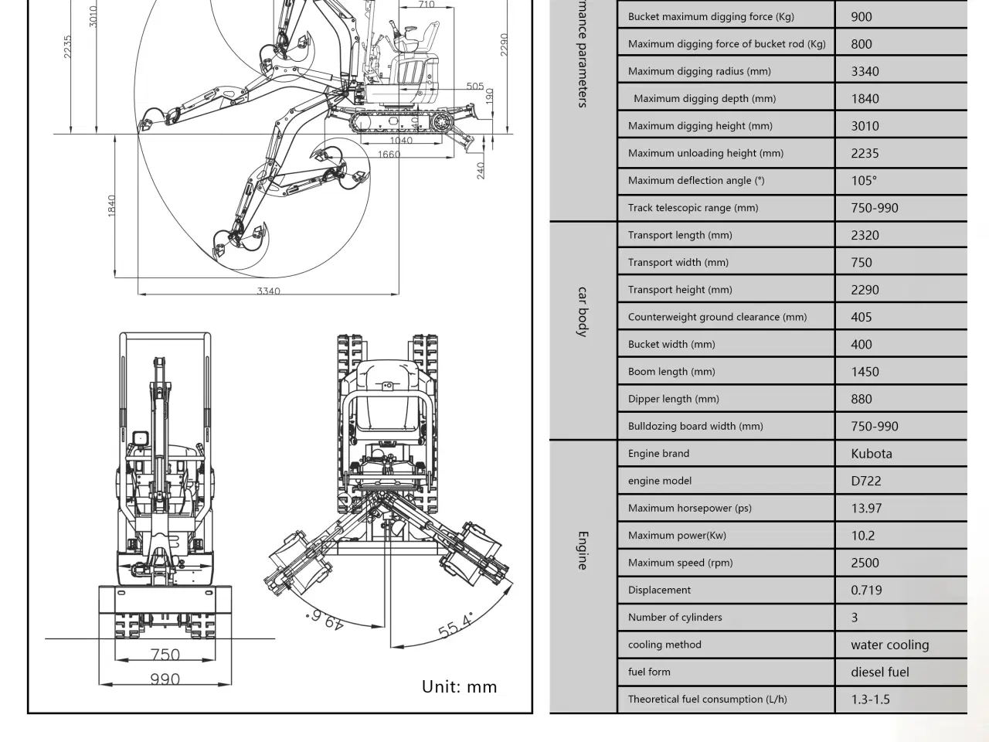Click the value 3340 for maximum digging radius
tap(865, 72)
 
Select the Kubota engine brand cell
tap(871, 454)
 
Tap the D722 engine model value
tap(865, 481)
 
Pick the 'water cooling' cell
tap(889, 645)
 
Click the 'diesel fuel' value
tap(879, 672)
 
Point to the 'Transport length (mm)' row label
tap(679, 235)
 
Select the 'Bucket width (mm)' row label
tap(671, 344)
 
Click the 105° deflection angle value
tap(864, 181)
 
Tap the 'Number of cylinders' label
tap(675, 617)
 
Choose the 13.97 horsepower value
tap(866, 509)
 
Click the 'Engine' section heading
tap(583, 550)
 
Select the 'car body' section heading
tap(583, 311)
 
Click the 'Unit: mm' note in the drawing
tap(459, 686)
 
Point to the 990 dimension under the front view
tap(165, 679)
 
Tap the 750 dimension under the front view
tap(165, 655)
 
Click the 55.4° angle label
tap(456, 625)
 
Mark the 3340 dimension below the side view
tap(268, 291)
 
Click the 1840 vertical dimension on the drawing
tap(111, 206)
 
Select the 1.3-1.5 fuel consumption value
tap(870, 699)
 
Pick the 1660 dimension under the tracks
tap(389, 155)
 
